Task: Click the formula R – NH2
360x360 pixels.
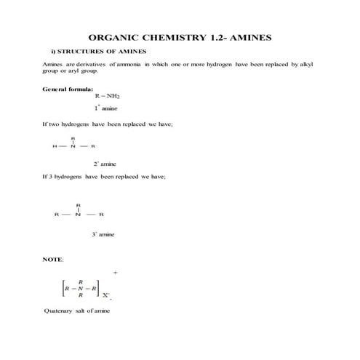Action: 106,96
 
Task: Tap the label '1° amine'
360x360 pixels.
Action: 106,108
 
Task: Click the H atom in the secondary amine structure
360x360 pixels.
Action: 55,146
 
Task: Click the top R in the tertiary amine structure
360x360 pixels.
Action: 78,204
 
